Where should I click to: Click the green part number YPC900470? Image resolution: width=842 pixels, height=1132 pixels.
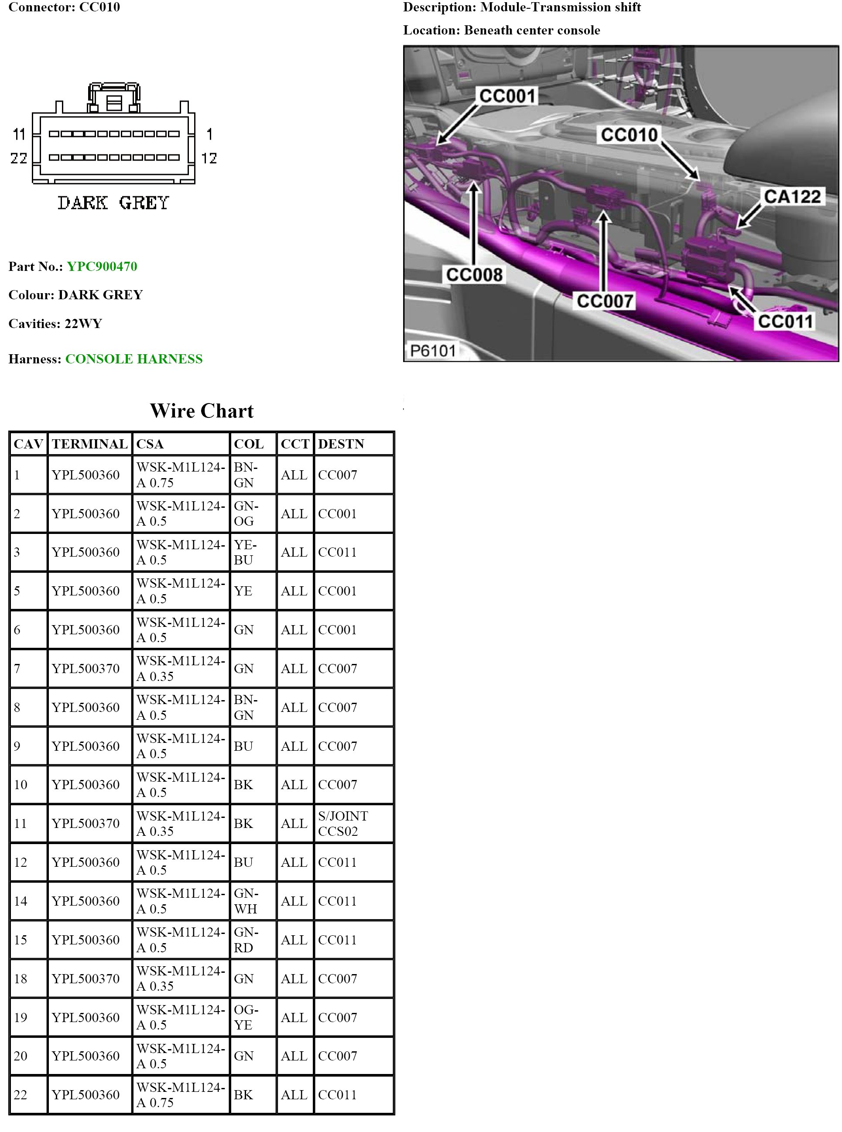pos(102,267)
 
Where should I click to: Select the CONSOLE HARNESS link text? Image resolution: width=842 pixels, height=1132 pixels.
pos(133,359)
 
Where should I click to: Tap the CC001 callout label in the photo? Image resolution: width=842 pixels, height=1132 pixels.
pos(507,96)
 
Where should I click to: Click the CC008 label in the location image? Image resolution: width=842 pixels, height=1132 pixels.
pos(474,275)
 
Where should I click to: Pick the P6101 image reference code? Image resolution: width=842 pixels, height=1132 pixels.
pos(433,351)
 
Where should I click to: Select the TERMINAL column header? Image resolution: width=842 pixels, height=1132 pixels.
pos(89,444)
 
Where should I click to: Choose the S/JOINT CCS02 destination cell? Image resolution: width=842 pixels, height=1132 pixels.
pos(342,824)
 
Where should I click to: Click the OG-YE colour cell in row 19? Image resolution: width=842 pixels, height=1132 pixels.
pos(246,1017)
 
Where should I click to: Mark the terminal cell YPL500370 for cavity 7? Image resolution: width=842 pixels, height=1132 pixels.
pos(86,669)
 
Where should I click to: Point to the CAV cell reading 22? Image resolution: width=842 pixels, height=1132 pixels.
pos(21,1095)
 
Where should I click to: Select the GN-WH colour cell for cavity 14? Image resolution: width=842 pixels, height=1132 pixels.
pos(246,901)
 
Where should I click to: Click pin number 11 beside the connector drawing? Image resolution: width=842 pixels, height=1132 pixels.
pos(19,134)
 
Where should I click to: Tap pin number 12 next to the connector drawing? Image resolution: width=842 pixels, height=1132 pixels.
pos(209,158)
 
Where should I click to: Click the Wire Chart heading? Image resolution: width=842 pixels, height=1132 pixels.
pos(202,411)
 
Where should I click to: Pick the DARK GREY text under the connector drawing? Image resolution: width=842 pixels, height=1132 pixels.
pos(113,203)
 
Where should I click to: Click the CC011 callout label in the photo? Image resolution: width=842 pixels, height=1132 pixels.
pos(785,321)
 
